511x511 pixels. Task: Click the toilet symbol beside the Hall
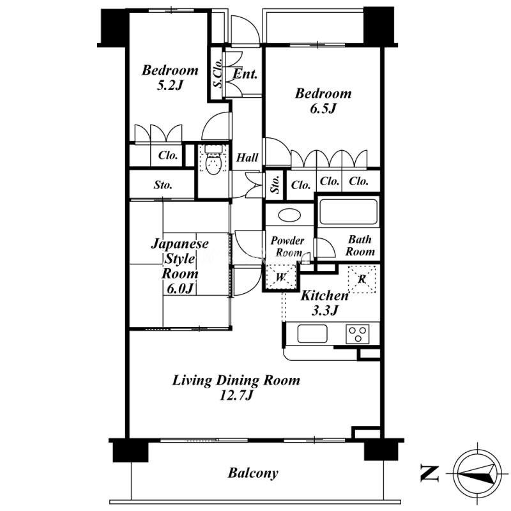pyautogui.click(x=213, y=160)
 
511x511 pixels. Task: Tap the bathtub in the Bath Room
pyautogui.click(x=348, y=211)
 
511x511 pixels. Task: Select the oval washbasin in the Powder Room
pyautogui.click(x=289, y=215)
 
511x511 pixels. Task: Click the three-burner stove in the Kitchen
pyautogui.click(x=358, y=333)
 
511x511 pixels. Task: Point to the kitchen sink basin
pyautogui.click(x=312, y=333)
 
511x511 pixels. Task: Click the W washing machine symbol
pyautogui.click(x=281, y=278)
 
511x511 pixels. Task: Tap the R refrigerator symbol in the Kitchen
pyautogui.click(x=362, y=279)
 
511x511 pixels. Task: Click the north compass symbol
pyautogui.click(x=478, y=473)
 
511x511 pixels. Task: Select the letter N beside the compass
pyautogui.click(x=429, y=473)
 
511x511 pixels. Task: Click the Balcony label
pyautogui.click(x=253, y=473)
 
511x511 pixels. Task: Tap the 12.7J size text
pyautogui.click(x=236, y=395)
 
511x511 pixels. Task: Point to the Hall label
pyautogui.click(x=247, y=158)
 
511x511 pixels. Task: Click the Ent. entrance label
pyautogui.click(x=245, y=74)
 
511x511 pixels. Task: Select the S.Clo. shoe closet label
pyautogui.click(x=218, y=73)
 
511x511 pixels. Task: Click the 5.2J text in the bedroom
pyautogui.click(x=170, y=86)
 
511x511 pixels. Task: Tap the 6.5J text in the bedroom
pyautogui.click(x=323, y=109)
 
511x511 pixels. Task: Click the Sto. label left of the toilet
pyautogui.click(x=163, y=185)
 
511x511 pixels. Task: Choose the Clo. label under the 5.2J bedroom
pyautogui.click(x=168, y=155)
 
